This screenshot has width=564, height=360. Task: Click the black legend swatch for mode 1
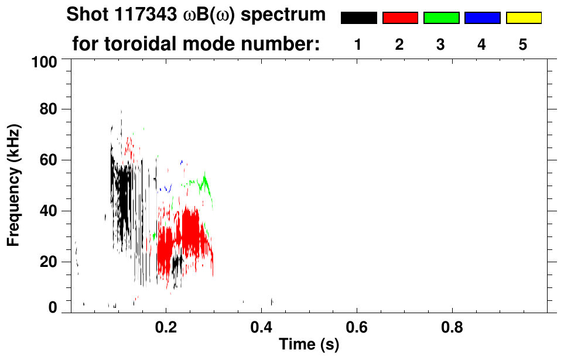pos(358,18)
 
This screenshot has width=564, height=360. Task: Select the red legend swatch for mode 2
pos(400,18)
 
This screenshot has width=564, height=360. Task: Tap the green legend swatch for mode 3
pos(441,18)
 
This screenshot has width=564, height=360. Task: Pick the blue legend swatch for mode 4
pos(482,18)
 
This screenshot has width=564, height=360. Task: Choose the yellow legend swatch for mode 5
pos(523,18)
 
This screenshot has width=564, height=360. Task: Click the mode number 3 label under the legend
pos(440,44)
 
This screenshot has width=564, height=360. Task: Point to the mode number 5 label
pos(523,44)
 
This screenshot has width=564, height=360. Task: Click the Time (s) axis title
pos(309,345)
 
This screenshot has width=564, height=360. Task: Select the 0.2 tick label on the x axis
pos(166,327)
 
